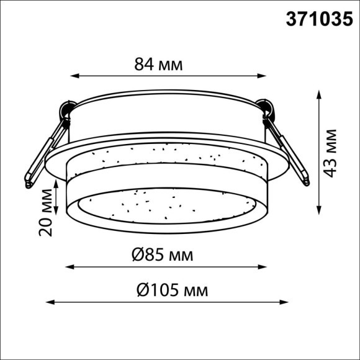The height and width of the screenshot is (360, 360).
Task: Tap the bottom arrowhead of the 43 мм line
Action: pos(319,209)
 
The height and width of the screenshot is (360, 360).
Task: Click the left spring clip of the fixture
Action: pos(43,152)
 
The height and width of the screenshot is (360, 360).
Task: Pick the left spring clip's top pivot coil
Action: pos(65,112)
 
